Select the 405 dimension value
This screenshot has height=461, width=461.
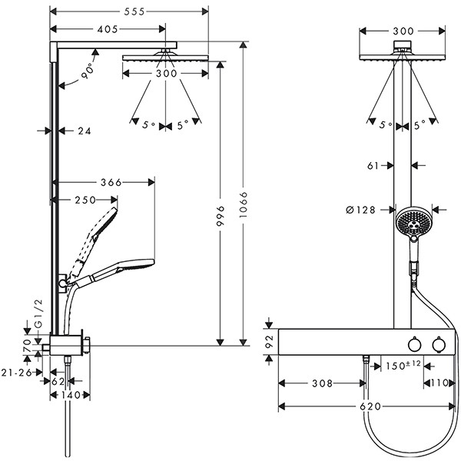108,29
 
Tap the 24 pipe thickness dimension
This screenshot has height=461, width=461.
85,131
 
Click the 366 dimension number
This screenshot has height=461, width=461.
111,182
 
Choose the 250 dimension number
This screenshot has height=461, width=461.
85,200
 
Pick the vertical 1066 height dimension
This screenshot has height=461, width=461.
244,216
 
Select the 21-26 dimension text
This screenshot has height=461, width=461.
16,372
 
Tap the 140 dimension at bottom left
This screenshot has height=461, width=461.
70,395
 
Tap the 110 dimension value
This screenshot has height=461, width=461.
438,382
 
